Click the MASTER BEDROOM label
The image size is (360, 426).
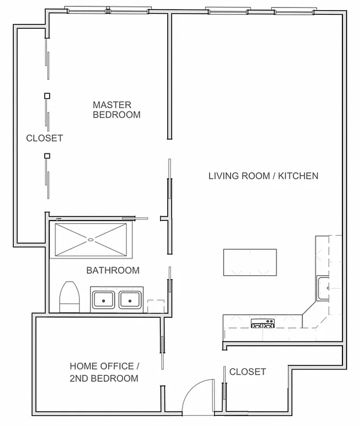pyautogui.click(x=117, y=110)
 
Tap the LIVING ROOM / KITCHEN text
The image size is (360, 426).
pyautogui.click(x=263, y=176)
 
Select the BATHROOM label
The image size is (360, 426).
pyautogui.click(x=113, y=270)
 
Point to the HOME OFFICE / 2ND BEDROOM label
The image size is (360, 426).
pyautogui.click(x=104, y=372)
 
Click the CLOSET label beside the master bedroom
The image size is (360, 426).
pyautogui.click(x=45, y=138)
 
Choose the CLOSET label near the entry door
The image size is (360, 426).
pyautogui.click(x=247, y=372)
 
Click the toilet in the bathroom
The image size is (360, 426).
pyautogui.click(x=69, y=297)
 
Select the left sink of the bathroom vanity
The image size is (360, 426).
pyautogui.click(x=104, y=300)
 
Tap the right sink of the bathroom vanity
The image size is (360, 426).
pyautogui.click(x=129, y=300)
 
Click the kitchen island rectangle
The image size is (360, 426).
pyautogui.click(x=250, y=262)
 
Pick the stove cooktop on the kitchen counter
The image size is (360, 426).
pyautogui.click(x=263, y=322)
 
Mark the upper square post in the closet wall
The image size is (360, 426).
pyautogui.click(x=47, y=96)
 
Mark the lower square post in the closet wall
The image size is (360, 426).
pyautogui.click(x=47, y=155)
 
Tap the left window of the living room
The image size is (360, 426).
pyautogui.click(x=227, y=10)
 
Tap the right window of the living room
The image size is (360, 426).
pyautogui.click(x=292, y=10)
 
